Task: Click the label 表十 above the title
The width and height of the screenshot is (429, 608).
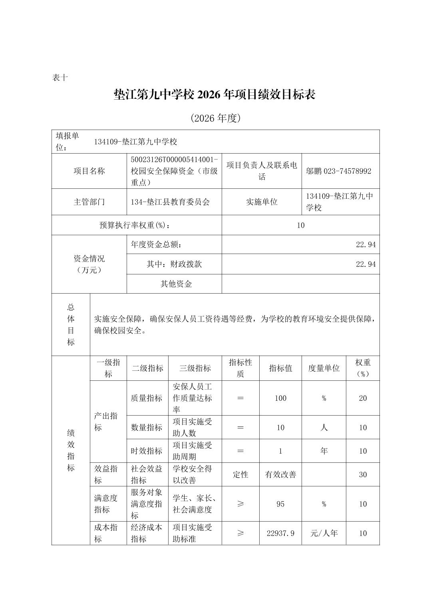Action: point(60,78)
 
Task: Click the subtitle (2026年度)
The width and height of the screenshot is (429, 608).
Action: point(215,118)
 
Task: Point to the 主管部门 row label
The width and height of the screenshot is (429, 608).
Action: point(89,202)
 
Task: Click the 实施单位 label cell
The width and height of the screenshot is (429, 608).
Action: point(262,202)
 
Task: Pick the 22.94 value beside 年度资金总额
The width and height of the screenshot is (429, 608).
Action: point(365,244)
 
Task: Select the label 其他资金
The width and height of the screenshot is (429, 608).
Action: point(176,284)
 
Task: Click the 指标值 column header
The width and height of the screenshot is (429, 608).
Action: point(280,368)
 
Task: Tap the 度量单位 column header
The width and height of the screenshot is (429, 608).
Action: point(324,368)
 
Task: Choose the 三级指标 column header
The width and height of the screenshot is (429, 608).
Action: point(195,368)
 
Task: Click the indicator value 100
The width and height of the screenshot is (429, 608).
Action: point(280,398)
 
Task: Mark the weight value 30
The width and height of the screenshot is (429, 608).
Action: point(363,475)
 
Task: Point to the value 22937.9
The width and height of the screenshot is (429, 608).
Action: point(280,533)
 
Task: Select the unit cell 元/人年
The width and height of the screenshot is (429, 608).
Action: point(324,533)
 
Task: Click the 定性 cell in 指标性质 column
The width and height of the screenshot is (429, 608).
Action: point(240,475)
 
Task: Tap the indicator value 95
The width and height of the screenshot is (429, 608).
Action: point(280,504)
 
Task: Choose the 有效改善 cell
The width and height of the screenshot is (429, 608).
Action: point(280,475)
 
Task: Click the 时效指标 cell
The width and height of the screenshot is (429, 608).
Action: point(147,451)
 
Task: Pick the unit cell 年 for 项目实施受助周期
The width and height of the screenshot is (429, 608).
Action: point(324,451)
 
